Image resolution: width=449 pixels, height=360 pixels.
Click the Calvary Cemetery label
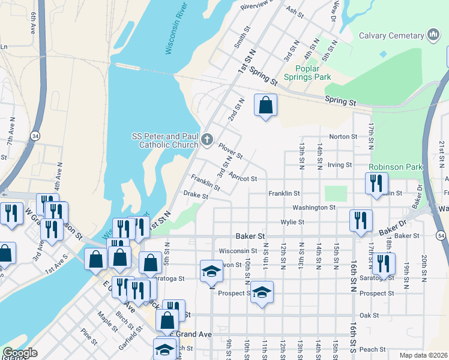click(391, 35)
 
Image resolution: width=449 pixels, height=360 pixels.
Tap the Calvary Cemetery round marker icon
click(432, 35)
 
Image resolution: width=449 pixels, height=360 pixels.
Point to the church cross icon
click(206, 140)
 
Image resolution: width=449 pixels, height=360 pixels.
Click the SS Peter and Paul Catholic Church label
click(165, 140)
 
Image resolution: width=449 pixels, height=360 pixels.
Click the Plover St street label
click(230, 151)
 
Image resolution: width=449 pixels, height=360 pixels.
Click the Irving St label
click(340, 165)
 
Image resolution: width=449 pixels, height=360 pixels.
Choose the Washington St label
click(314, 208)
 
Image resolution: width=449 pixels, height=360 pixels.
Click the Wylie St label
click(293, 222)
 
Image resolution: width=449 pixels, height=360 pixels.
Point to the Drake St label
click(196, 195)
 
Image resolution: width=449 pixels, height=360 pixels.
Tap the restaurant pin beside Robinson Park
click(376, 183)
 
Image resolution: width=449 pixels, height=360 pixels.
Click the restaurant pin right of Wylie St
click(361, 220)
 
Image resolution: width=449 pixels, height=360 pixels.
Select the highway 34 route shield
click(37, 137)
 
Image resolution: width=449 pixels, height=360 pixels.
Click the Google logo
click(20, 353)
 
